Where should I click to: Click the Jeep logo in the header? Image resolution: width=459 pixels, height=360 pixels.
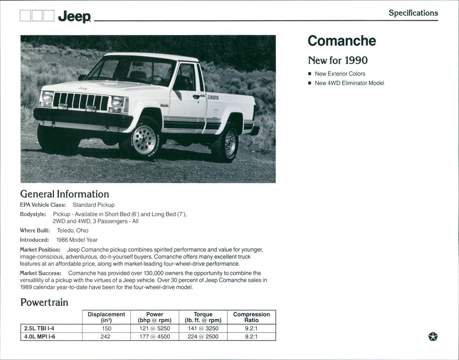74,17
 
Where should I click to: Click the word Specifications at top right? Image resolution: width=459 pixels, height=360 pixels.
413,13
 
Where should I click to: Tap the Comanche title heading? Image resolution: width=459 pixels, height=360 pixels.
342,41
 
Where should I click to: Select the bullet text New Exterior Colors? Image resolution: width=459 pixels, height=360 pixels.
340,73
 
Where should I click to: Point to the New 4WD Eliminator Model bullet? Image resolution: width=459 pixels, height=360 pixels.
349,83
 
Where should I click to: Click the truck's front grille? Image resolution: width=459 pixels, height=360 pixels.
81,101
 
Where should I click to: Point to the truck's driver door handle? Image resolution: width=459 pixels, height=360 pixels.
196,96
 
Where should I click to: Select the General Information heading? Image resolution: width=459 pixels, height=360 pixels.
65,194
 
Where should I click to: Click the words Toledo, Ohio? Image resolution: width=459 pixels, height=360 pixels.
73,230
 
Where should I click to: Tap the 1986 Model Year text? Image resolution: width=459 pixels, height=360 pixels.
77,240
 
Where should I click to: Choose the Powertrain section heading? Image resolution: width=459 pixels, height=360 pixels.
44,302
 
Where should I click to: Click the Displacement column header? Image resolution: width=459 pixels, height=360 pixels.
106,317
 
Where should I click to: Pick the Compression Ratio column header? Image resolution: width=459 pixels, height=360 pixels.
251,317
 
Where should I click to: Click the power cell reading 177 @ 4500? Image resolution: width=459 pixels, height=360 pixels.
155,336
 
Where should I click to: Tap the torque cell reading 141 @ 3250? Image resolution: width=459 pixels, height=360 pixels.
203,328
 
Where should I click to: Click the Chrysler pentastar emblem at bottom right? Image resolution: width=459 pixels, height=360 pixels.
433,337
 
